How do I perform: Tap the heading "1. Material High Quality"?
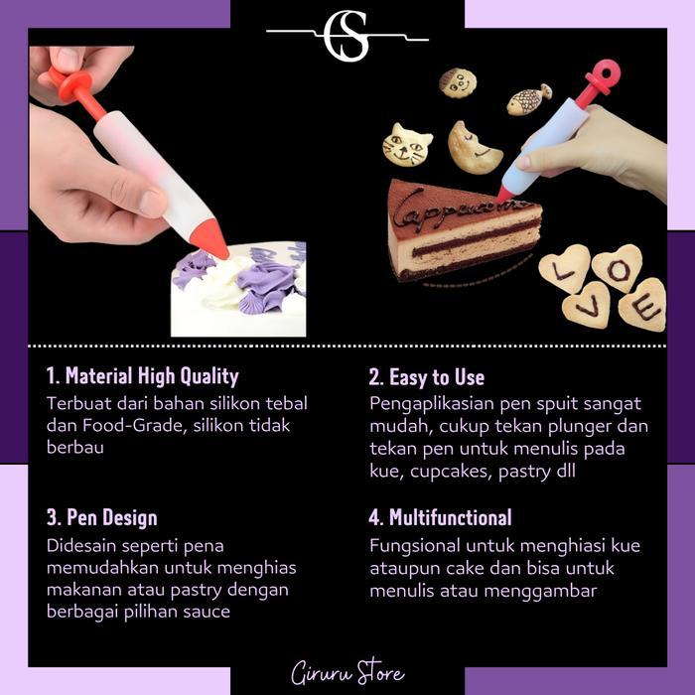coord(142,376)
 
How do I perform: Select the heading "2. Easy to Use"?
coord(426,376)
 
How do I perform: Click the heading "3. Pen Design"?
coord(101,517)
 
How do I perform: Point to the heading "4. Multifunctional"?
coord(440,517)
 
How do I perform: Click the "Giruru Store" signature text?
coord(347,673)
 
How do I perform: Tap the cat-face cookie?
coord(407,145)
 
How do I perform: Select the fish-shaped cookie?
coord(528,99)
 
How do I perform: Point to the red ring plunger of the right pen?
coord(602,76)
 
